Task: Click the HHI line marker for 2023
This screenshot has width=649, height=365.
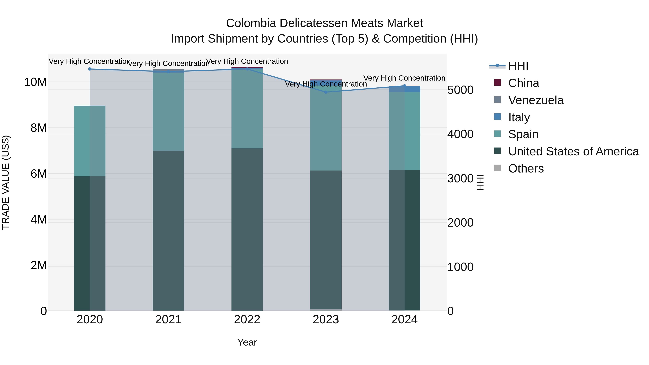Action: click(x=326, y=92)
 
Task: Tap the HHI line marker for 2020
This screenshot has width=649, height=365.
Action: click(x=90, y=69)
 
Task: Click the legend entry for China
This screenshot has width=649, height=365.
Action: click(x=523, y=83)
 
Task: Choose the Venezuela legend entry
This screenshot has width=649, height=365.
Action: click(x=535, y=100)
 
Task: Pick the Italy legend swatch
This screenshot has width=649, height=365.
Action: click(x=497, y=117)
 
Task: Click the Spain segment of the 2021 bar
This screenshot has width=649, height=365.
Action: click(x=168, y=112)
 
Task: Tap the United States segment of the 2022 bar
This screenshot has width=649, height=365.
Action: click(x=247, y=229)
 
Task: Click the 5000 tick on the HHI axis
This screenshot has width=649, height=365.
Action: click(x=460, y=90)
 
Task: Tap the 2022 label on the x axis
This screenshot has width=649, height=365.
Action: click(x=247, y=320)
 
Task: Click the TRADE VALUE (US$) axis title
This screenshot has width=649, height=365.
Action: click(x=6, y=182)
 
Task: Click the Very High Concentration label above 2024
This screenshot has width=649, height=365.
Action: click(x=404, y=78)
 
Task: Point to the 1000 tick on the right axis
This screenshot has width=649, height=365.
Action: click(x=460, y=267)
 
